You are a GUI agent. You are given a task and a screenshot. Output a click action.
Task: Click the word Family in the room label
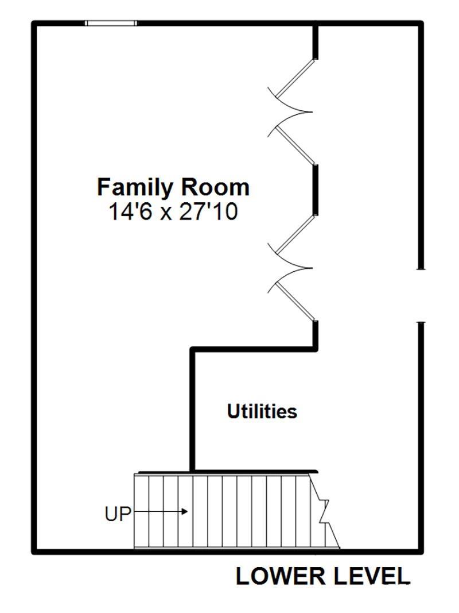click(x=135, y=188)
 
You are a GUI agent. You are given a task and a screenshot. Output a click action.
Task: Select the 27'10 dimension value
click(x=208, y=213)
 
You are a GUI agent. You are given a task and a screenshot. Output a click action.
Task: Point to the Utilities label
click(x=262, y=411)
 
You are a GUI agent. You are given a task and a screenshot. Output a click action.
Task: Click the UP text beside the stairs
click(x=118, y=514)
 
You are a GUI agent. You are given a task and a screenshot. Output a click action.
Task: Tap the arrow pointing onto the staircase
click(x=160, y=511)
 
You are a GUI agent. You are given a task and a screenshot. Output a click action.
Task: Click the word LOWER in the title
click(x=280, y=577)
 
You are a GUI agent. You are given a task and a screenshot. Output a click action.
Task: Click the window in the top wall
click(x=111, y=23)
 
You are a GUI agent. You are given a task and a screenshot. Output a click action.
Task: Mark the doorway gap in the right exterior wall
click(x=421, y=295)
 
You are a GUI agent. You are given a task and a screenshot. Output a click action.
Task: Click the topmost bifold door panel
click(x=295, y=78)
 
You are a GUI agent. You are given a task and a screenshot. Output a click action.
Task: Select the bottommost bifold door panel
click(x=295, y=302)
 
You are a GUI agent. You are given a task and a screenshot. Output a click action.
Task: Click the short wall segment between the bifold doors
click(x=316, y=190)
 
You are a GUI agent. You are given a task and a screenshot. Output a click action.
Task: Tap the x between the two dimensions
click(x=166, y=215)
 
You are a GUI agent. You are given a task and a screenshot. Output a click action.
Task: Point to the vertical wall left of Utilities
click(x=192, y=409)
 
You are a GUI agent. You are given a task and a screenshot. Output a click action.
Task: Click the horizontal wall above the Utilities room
click(x=254, y=349)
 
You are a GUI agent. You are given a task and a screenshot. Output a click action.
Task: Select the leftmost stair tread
click(x=142, y=511)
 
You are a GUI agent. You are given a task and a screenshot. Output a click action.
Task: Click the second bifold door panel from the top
click(x=295, y=145)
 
